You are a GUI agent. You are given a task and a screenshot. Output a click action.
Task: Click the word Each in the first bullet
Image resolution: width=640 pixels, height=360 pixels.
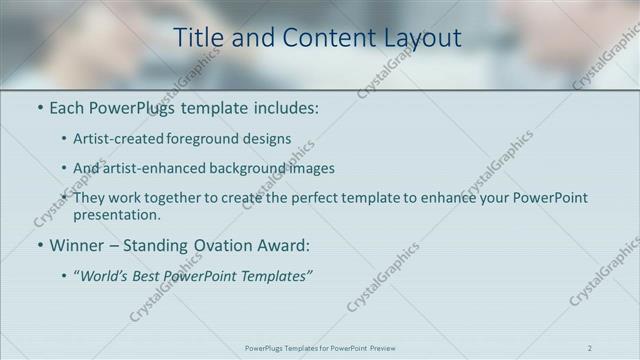(x=68, y=108)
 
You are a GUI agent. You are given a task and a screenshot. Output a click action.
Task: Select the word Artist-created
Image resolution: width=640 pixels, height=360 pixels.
(x=113, y=139)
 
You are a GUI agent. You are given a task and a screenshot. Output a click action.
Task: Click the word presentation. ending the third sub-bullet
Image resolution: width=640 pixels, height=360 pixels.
(x=116, y=214)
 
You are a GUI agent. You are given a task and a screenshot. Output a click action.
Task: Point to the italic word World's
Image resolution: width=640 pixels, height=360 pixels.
(x=106, y=275)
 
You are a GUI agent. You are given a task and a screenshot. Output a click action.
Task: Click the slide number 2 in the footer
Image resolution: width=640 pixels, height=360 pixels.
(x=589, y=348)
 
